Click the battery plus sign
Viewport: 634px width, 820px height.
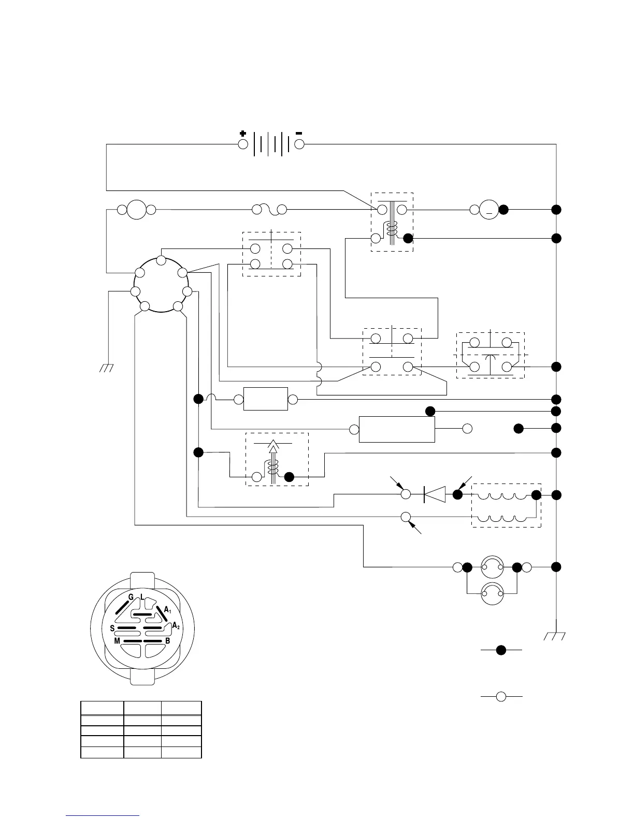tap(243, 133)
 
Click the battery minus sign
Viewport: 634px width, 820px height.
tap(299, 133)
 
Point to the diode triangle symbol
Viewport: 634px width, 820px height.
tap(435, 494)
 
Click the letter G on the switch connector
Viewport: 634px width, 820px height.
tap(131, 597)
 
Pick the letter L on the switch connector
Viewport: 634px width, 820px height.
tap(142, 597)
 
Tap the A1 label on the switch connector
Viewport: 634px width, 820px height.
tap(168, 610)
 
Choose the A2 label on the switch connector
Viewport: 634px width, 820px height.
tap(176, 625)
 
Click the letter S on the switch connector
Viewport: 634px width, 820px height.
tap(112, 628)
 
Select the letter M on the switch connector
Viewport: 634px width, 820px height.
tap(118, 641)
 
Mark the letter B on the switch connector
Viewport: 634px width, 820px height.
tap(167, 641)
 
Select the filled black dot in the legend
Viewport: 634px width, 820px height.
tap(501, 650)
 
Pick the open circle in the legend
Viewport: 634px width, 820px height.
tap(501, 697)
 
